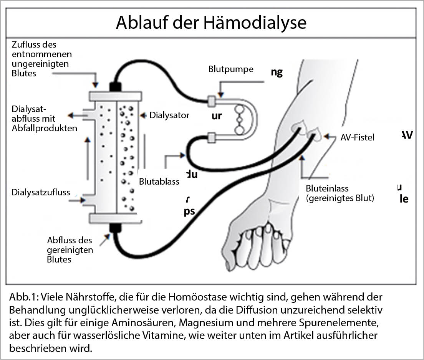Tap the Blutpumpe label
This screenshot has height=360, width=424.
[x=231, y=69]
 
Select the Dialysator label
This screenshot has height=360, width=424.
[x=169, y=115]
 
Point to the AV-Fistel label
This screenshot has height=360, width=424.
[x=357, y=137]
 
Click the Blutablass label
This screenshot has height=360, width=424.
[x=159, y=182]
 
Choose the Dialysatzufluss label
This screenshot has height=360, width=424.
[x=41, y=192]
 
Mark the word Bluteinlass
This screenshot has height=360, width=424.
[x=327, y=188]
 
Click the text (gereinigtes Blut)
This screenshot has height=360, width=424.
[x=340, y=198]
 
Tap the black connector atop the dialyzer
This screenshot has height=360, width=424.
[x=115, y=86]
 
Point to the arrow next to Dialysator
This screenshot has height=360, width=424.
[x=144, y=115]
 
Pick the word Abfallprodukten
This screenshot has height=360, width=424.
[x=45, y=128]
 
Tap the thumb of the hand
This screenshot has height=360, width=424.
[x=230, y=265]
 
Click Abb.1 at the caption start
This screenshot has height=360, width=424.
[x=23, y=298]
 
